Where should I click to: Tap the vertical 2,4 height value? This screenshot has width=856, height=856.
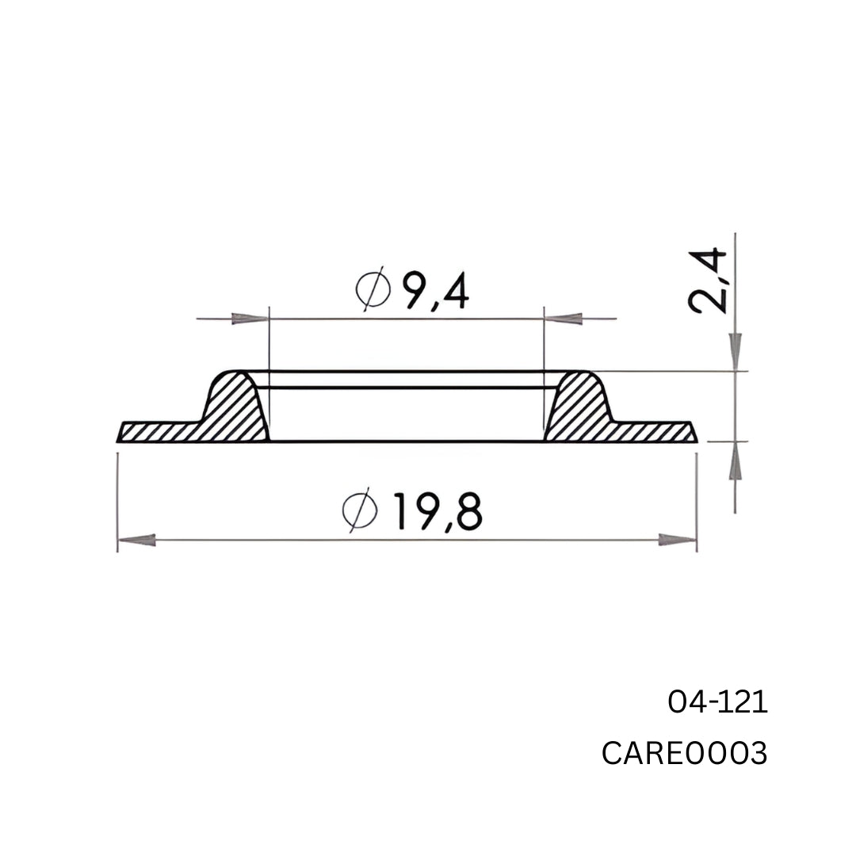(x=708, y=281)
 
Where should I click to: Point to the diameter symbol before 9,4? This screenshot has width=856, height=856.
(x=373, y=291)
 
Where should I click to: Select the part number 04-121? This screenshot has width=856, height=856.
(x=717, y=702)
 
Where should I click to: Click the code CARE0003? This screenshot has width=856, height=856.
(x=684, y=754)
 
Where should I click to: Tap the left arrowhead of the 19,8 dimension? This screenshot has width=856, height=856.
(x=136, y=541)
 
